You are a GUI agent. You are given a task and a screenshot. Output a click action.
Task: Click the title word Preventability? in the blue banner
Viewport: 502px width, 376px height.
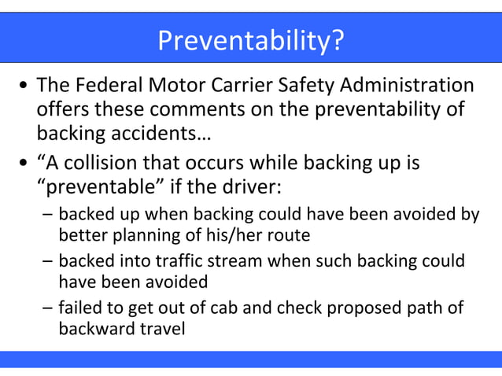[251, 40]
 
